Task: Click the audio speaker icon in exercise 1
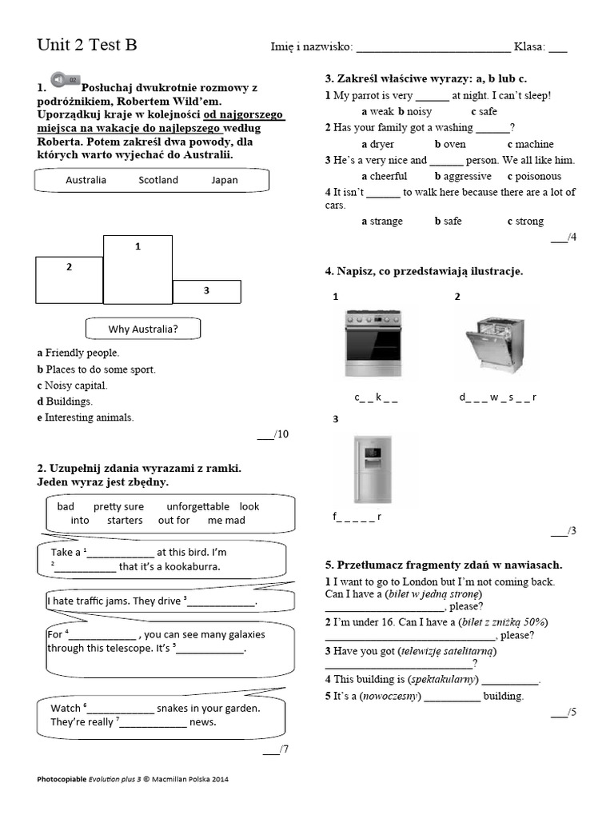pos(64,80)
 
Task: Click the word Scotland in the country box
pos(158,180)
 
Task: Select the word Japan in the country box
pos(225,180)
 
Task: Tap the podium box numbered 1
pos(138,270)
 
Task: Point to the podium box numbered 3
pos(206,291)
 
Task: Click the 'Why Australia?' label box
pos(143,329)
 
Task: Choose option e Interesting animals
pos(86,417)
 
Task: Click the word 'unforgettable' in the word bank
pos(197,506)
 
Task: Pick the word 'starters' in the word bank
pos(125,520)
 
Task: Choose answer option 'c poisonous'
pos(534,176)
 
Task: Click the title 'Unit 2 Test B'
pos(87,45)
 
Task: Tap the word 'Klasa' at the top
pos(529,47)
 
